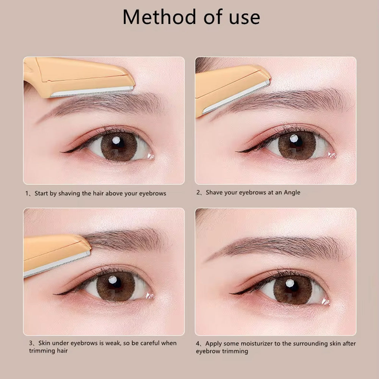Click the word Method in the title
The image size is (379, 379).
[x=159, y=17]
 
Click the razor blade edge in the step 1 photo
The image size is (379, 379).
[x=92, y=92]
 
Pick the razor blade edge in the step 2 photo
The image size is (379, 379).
[x=236, y=97]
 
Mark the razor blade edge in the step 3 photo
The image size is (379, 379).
[x=57, y=264]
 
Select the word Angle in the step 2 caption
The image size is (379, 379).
[x=292, y=193]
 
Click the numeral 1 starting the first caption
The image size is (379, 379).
[x=27, y=193]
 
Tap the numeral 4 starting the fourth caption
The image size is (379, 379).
[x=198, y=343]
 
